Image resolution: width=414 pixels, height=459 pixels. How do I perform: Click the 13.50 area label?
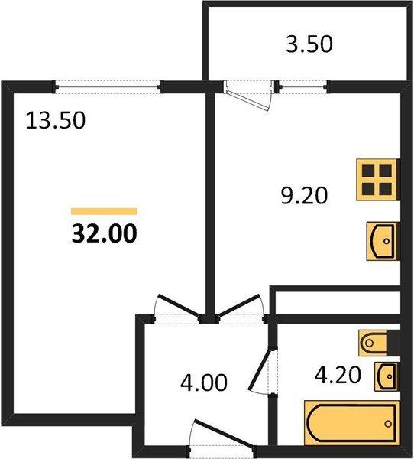[x=55, y=120]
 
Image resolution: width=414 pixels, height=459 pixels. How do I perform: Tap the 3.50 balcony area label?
[x=309, y=44]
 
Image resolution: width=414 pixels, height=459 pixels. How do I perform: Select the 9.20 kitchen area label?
[x=304, y=196]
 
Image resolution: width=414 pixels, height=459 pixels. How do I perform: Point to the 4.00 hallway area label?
[x=204, y=382]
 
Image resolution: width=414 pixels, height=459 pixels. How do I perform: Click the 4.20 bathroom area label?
[x=338, y=375]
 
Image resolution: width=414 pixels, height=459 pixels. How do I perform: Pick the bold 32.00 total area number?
[x=104, y=233]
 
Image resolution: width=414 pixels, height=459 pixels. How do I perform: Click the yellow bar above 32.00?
[x=104, y=211]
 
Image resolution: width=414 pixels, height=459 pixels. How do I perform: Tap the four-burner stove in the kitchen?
[x=377, y=180]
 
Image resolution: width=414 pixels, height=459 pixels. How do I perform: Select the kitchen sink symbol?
[x=383, y=241]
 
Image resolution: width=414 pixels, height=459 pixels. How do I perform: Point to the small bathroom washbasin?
[x=387, y=376]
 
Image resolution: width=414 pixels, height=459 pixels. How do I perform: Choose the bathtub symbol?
[x=351, y=423]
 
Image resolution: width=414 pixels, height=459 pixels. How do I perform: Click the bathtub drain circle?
[x=388, y=424]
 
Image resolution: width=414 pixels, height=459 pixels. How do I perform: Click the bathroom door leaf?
[x=259, y=369]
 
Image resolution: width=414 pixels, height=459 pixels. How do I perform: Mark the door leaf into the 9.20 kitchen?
[x=238, y=305]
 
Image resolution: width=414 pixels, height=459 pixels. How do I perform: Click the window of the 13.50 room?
[x=108, y=87]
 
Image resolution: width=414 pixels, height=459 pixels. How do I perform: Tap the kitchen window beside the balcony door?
[x=303, y=87]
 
